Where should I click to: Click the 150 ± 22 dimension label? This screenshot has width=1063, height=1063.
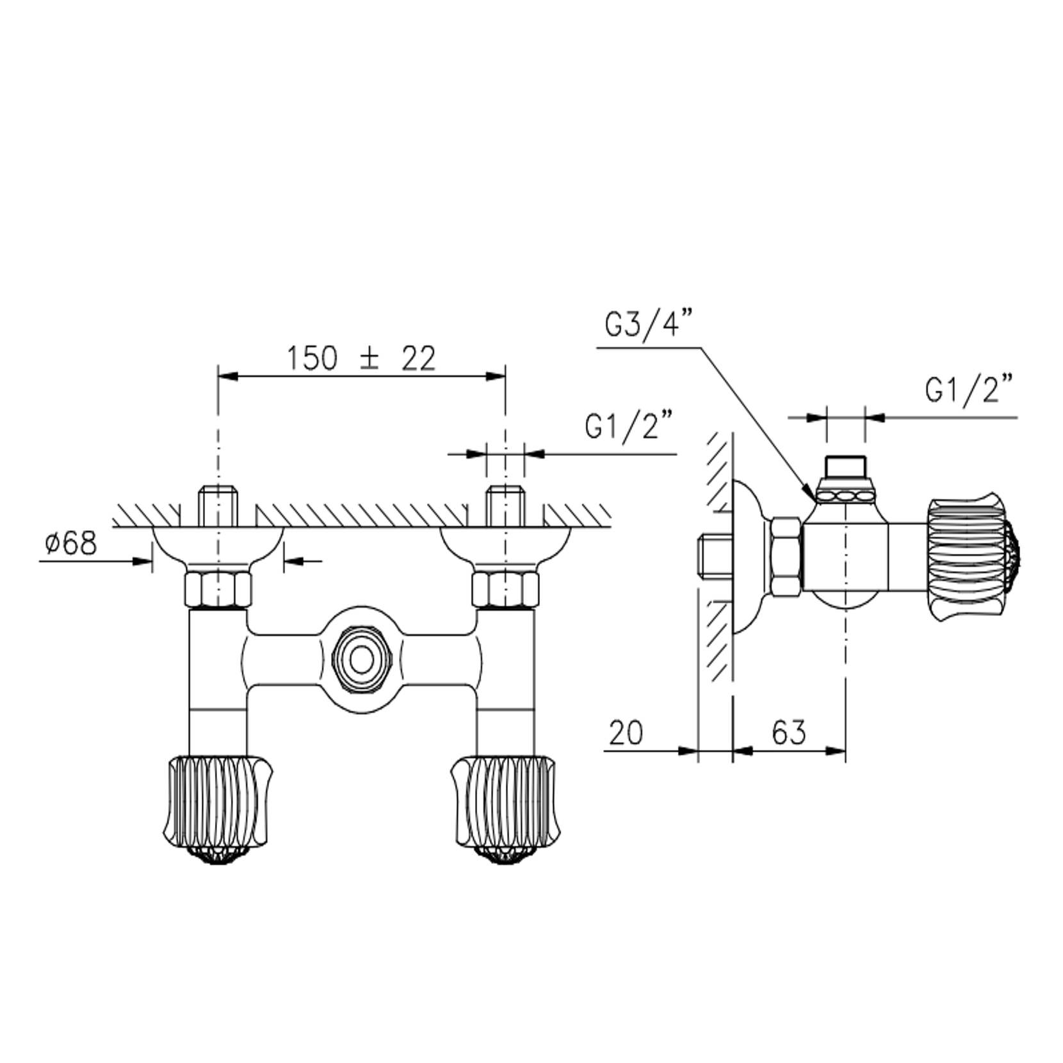click(x=361, y=359)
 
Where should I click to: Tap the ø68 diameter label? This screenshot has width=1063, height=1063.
click(x=71, y=544)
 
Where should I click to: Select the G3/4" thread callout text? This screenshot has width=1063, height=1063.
click(x=649, y=325)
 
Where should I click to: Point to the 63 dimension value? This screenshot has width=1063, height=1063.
click(x=788, y=733)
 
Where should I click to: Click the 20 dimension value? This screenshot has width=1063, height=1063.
click(x=625, y=733)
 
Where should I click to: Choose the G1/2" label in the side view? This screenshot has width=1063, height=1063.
click(x=969, y=390)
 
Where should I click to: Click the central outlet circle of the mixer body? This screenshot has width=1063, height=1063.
click(x=362, y=660)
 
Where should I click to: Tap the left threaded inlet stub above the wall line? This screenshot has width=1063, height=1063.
click(x=218, y=506)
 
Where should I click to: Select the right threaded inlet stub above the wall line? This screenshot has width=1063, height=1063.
click(x=505, y=506)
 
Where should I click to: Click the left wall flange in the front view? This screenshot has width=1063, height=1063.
click(x=218, y=544)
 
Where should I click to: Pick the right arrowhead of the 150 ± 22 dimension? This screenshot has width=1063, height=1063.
click(x=496, y=377)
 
